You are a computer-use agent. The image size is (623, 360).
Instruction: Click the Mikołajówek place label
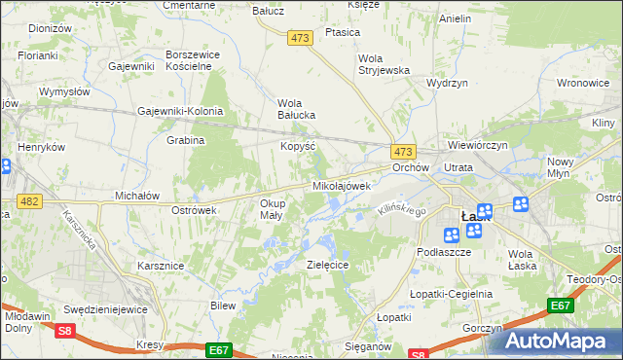point(341,185)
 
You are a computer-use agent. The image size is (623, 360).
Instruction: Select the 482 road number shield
point(28,201)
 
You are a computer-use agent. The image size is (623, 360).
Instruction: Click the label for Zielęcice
point(328,264)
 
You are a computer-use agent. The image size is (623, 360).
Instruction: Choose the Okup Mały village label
point(271,209)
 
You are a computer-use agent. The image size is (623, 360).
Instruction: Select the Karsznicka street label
point(80,231)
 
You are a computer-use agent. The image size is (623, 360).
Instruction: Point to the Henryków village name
point(41,147)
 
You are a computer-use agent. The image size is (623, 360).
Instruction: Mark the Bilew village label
point(224,306)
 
